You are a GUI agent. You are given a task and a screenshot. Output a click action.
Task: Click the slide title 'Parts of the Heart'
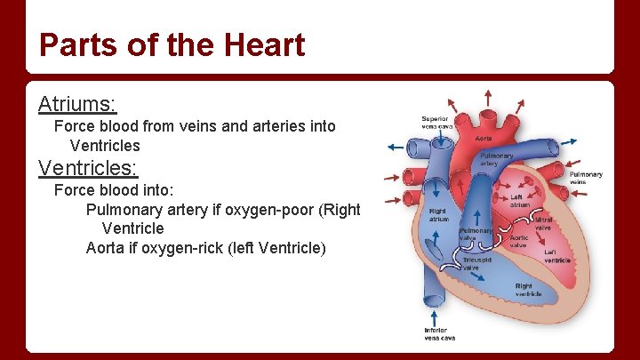click(x=172, y=44)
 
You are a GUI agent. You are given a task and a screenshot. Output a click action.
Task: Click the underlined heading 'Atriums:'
click(x=77, y=104)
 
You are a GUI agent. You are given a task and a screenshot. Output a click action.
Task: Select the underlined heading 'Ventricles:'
click(x=88, y=167)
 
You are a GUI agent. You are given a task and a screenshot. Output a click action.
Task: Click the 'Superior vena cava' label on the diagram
click(x=436, y=123)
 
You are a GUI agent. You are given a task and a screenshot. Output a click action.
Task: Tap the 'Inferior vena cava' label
click(x=440, y=334)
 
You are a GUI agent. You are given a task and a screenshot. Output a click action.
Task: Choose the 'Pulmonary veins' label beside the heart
click(x=586, y=178)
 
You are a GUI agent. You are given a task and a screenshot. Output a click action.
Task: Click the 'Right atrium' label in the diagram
click(x=438, y=214)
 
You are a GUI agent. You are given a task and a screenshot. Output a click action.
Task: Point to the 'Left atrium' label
click(x=520, y=201)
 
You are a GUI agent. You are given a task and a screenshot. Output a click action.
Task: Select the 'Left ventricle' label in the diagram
click(x=557, y=256)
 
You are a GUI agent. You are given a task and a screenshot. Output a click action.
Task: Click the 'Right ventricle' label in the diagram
click(x=529, y=290)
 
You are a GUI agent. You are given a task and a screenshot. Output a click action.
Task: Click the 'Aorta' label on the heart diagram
click(x=484, y=139)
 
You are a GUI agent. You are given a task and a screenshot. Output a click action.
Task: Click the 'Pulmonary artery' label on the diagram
click(x=495, y=159)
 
